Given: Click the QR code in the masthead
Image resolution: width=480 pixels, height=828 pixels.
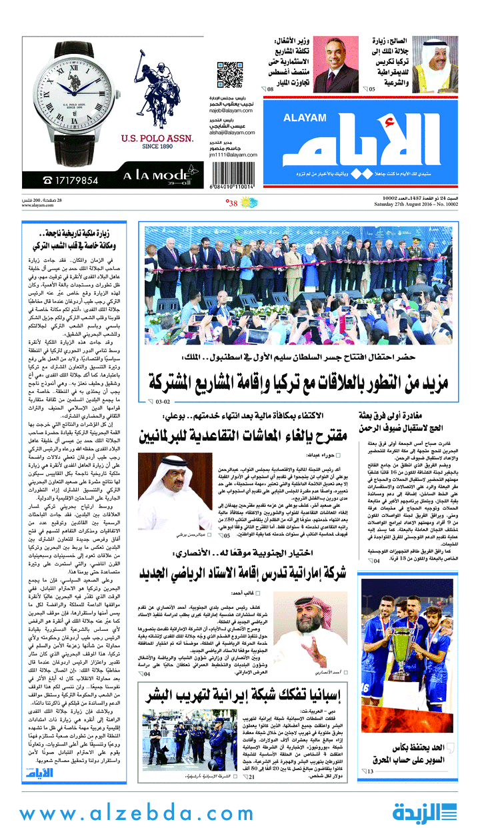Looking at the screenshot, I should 229,75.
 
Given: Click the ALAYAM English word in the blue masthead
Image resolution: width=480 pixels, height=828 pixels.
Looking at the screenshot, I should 302,118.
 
